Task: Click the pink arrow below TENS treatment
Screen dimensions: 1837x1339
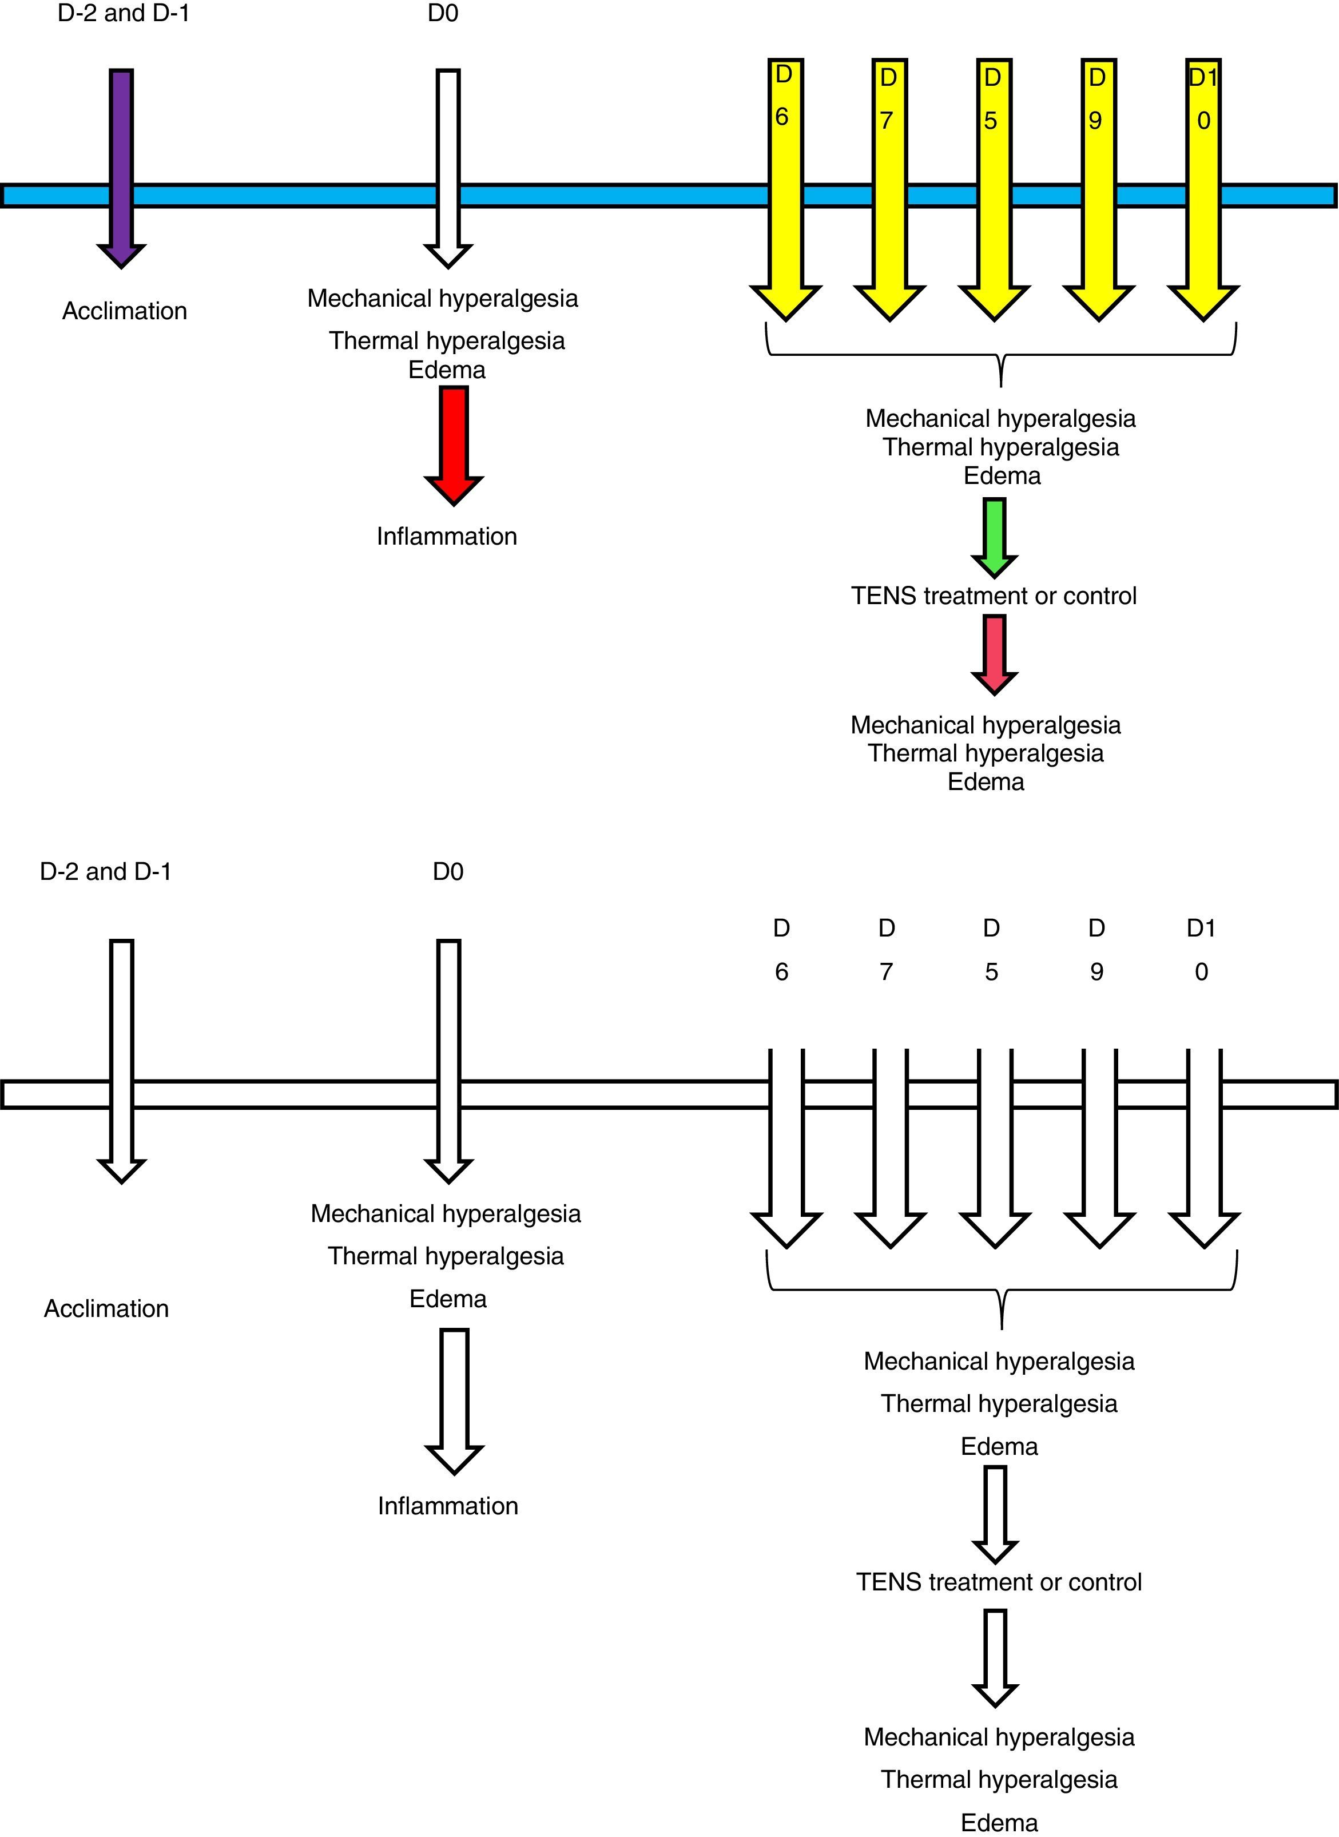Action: click(x=995, y=653)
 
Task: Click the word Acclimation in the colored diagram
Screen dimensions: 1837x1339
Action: click(x=125, y=311)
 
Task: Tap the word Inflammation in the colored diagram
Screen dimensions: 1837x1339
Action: click(x=447, y=537)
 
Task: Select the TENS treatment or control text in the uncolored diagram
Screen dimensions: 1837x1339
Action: click(x=999, y=1582)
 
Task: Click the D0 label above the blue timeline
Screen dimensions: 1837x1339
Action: click(x=443, y=13)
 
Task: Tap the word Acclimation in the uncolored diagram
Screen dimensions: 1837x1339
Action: click(x=106, y=1308)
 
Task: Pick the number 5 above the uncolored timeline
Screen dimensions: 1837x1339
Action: click(x=991, y=971)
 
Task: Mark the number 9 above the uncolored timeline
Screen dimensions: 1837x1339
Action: click(x=1096, y=971)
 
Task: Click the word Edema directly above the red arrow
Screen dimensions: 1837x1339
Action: click(x=447, y=371)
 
